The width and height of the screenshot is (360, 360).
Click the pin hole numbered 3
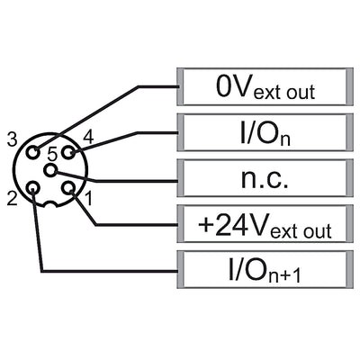pos(32,152)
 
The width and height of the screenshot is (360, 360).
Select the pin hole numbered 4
pos(67,152)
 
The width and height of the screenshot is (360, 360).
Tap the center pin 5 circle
pos(50,170)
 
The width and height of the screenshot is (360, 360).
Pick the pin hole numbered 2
pos(32,188)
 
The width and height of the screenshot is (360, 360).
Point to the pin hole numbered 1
pos(67,188)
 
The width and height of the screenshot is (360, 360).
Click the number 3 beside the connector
pos(12,139)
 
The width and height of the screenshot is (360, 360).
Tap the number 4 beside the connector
pos(88,138)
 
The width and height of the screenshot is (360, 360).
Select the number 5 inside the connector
pos(52,155)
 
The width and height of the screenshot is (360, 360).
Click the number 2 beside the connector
pos(12,199)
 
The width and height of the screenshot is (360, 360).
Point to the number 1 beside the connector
pos(89,199)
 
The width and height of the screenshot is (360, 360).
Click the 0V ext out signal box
pos(265,86)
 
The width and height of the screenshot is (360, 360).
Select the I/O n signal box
pos(265,132)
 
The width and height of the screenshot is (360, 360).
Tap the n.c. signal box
pos(265,178)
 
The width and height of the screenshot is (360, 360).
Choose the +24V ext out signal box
pos(265,223)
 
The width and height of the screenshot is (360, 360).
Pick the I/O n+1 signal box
pos(265,269)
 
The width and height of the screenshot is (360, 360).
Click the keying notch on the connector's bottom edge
pos(50,204)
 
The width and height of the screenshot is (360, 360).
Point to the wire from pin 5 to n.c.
pos(115,181)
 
